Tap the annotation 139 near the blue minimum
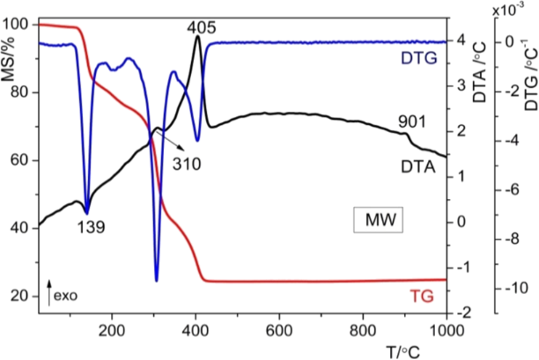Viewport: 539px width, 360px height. pos(91,226)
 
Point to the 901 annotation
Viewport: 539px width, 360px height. pos(413,121)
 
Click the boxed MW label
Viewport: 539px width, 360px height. pos(377,219)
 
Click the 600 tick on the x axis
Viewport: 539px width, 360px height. pos(279,331)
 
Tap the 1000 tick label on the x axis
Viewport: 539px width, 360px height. pos(446,331)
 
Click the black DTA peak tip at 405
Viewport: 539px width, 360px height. pos(197,36)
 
